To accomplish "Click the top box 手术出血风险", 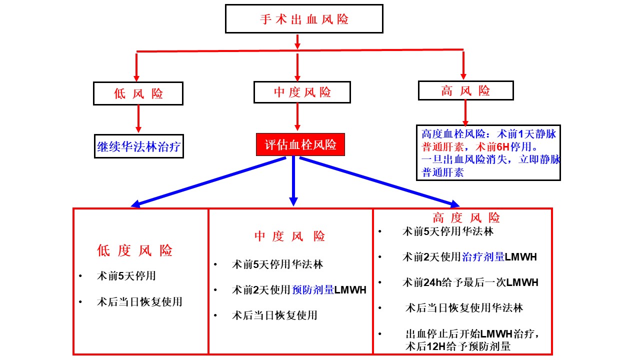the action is click(304, 19).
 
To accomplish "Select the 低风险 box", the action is click(138, 93).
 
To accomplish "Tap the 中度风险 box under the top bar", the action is click(302, 92).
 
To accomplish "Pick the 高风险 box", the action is click(465, 90).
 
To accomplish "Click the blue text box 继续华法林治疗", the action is click(139, 146).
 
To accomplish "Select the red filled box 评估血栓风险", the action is click(300, 144).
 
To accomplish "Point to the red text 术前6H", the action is click(492, 147).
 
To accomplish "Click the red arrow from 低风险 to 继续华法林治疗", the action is click(138, 119).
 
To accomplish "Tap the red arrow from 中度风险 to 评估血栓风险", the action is click(297, 117).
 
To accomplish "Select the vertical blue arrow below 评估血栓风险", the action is click(293, 181).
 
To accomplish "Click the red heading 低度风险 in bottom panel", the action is click(134, 250).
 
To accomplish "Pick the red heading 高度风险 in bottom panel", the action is click(466, 217).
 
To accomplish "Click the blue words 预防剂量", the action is click(313, 290).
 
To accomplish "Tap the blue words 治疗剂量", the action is click(483, 257).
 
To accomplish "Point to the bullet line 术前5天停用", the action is click(126, 276).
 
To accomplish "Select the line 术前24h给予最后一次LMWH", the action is click(470, 282).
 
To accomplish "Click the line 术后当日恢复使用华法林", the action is click(464, 308).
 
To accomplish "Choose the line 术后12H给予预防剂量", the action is click(457, 346).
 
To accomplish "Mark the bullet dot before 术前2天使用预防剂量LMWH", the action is click(215, 290).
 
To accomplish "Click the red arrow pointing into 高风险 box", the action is click(463, 65).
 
